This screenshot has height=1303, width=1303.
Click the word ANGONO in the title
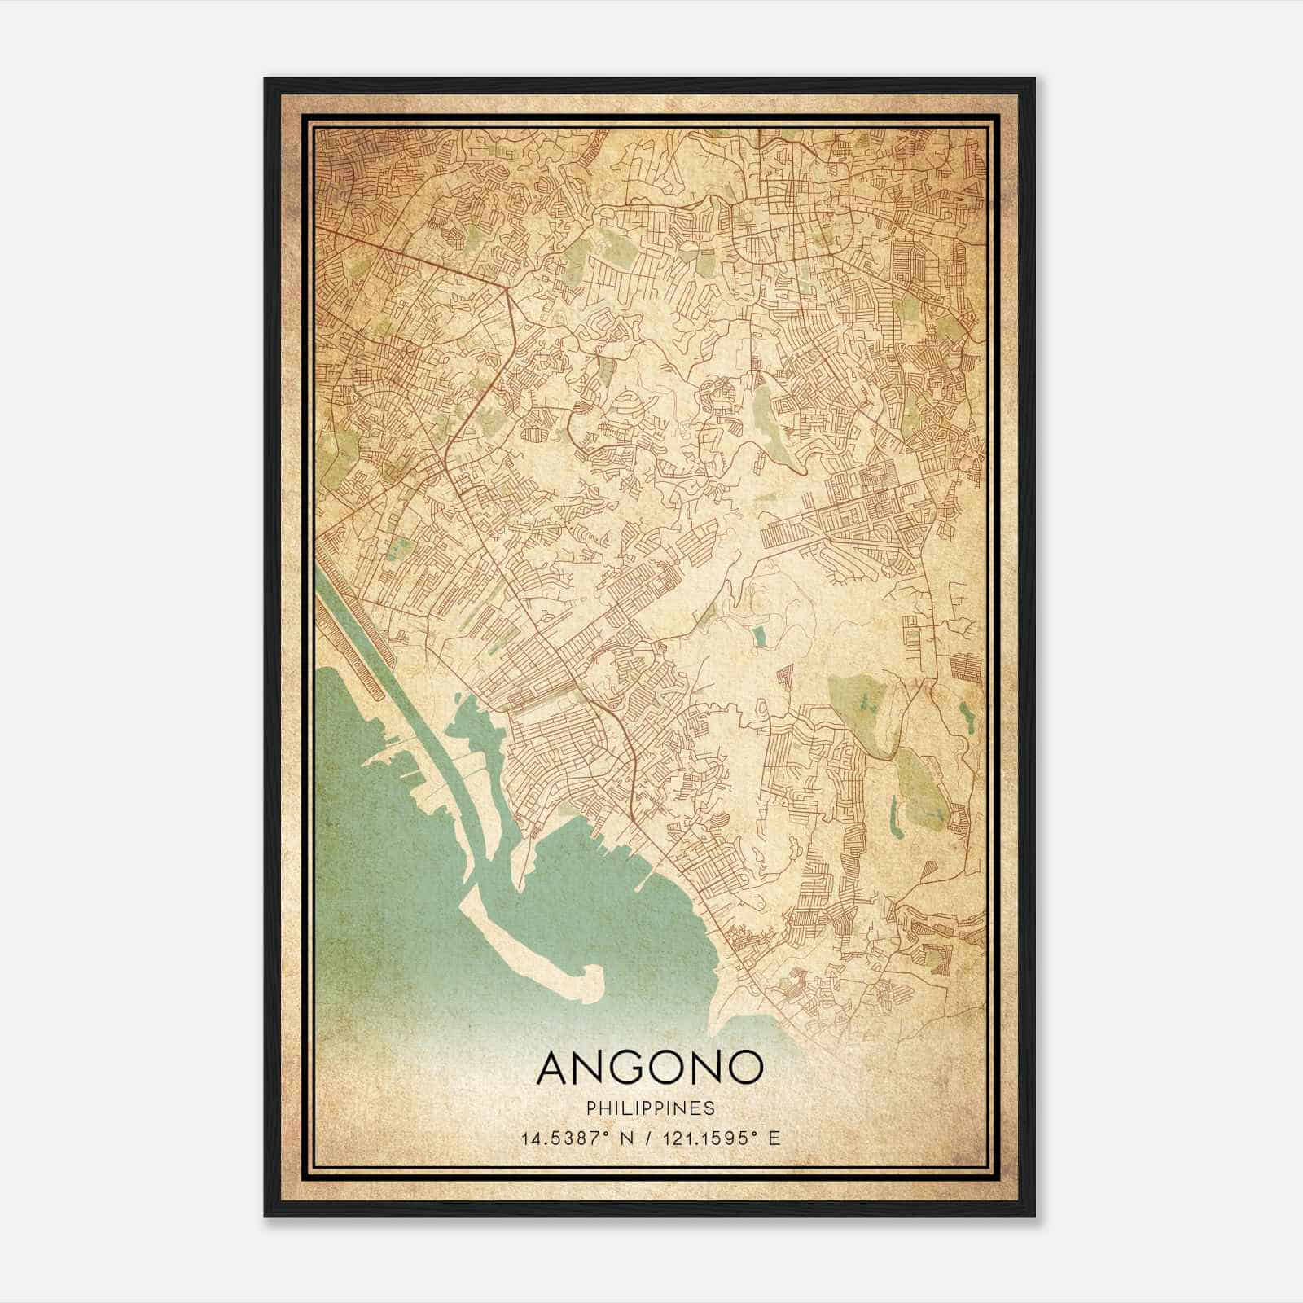[650, 1068]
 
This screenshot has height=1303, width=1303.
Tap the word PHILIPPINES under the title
[650, 1108]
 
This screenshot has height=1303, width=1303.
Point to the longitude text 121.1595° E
[717, 1138]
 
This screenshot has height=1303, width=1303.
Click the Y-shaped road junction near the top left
[507, 288]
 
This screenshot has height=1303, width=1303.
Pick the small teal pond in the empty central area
[760, 636]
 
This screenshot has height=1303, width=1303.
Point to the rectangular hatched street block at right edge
[968, 668]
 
